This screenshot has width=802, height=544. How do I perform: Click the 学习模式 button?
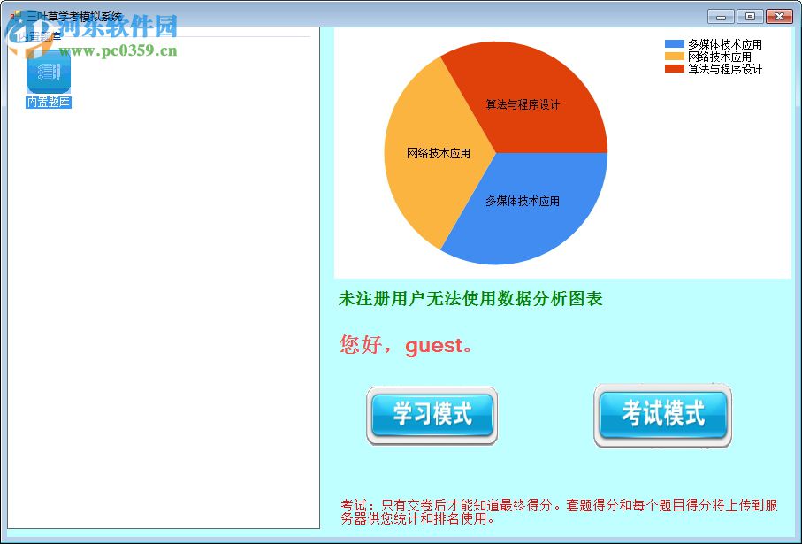[x=432, y=415]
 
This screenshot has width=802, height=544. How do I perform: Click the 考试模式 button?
[x=663, y=414]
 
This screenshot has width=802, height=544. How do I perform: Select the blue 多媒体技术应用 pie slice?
[x=522, y=208]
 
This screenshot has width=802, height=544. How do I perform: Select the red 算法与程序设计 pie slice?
[x=522, y=97]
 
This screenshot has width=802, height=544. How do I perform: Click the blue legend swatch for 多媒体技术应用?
[x=675, y=44]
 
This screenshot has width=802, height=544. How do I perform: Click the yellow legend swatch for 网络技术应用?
[x=675, y=57]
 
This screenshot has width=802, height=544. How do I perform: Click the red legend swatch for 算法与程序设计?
[x=675, y=69]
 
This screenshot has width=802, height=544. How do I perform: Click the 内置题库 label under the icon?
[x=49, y=103]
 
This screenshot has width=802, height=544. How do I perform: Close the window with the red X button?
[x=779, y=16]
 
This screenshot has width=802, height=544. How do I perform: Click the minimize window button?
[x=722, y=16]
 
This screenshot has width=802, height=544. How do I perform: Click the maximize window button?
[x=750, y=16]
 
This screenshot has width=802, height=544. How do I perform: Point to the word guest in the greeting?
[x=434, y=346]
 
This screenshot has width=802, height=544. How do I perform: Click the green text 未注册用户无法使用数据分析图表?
[x=470, y=299]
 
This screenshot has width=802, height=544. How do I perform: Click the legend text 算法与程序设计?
[x=725, y=69]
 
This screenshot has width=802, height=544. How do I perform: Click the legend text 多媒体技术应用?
[x=725, y=44]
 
